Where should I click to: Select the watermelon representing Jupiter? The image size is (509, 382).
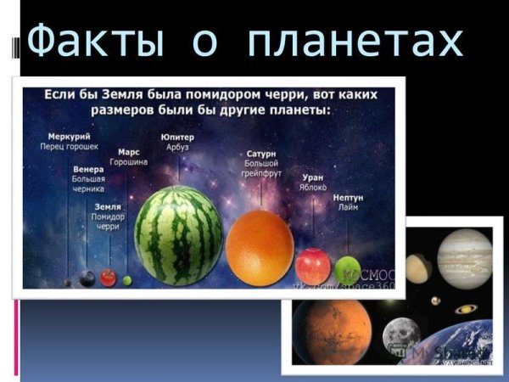[179, 235]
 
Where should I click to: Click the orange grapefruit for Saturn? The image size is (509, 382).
[260, 248]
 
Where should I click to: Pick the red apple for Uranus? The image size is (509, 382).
[313, 267]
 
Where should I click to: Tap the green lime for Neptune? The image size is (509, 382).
[347, 271]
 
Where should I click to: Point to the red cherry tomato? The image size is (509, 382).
[108, 277]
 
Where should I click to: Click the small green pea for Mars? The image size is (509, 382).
[127, 280]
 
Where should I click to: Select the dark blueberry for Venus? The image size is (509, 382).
[87, 278]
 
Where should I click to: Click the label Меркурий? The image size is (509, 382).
[69, 136]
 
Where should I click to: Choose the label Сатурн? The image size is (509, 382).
[261, 153]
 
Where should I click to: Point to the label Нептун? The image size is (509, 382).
[348, 197]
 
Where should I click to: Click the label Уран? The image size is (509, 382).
[312, 177]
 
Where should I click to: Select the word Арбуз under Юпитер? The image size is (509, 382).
[177, 147]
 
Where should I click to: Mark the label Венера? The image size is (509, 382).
[88, 169]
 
